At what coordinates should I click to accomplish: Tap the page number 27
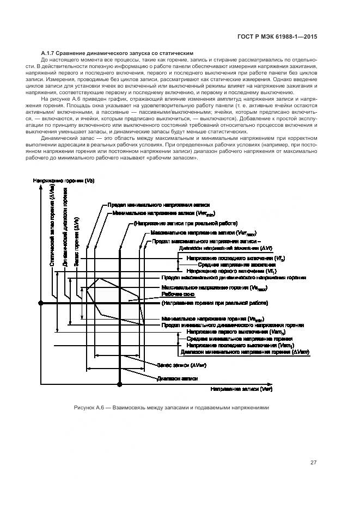click(x=314, y=463)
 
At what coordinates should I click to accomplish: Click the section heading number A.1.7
click(x=52, y=53)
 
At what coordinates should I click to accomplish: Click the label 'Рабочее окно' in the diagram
click(x=174, y=293)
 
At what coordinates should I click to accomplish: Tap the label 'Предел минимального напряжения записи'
click(x=143, y=205)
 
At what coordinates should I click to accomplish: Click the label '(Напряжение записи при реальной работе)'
click(x=180, y=223)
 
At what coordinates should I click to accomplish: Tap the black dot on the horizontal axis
click(x=119, y=385)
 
